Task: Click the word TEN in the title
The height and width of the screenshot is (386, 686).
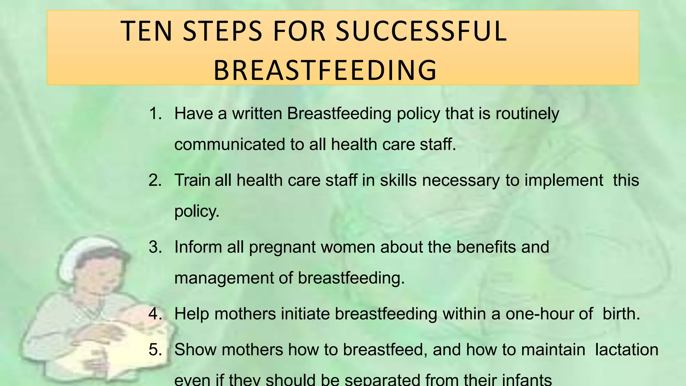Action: (146, 31)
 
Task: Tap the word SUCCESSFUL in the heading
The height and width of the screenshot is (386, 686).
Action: (421, 31)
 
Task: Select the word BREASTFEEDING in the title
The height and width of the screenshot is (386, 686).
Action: (325, 70)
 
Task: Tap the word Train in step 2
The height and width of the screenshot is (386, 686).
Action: (192, 180)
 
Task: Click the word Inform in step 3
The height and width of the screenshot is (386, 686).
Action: (198, 247)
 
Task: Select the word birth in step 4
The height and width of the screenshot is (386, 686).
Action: (621, 314)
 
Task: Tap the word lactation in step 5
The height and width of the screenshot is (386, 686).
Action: (627, 349)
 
